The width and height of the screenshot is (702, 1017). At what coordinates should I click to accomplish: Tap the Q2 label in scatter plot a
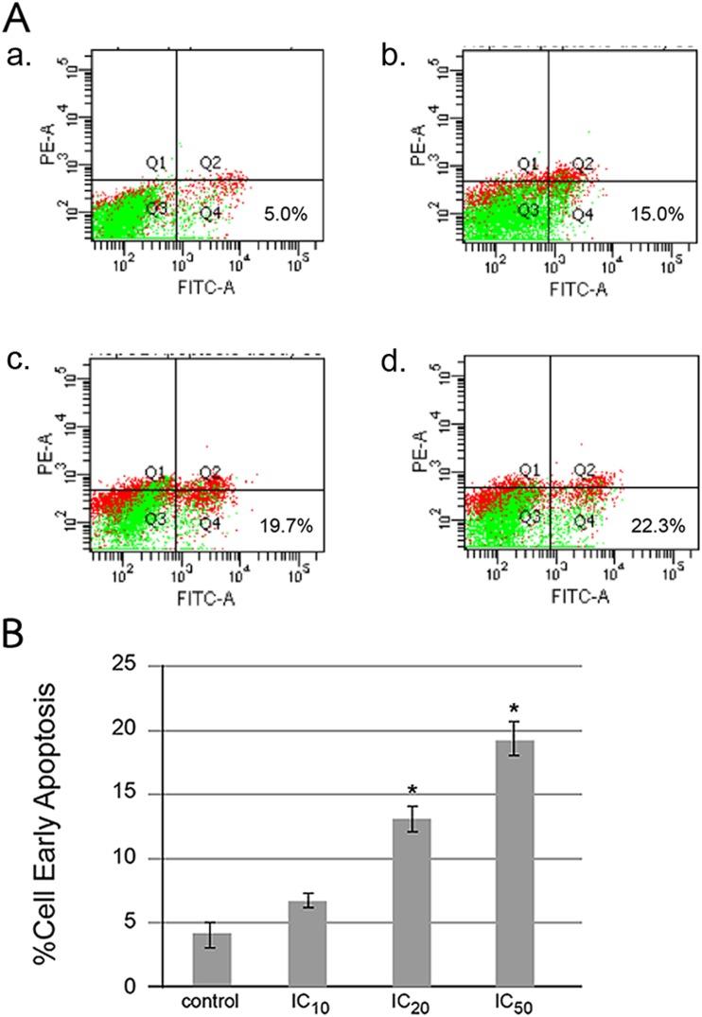click(x=210, y=164)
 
